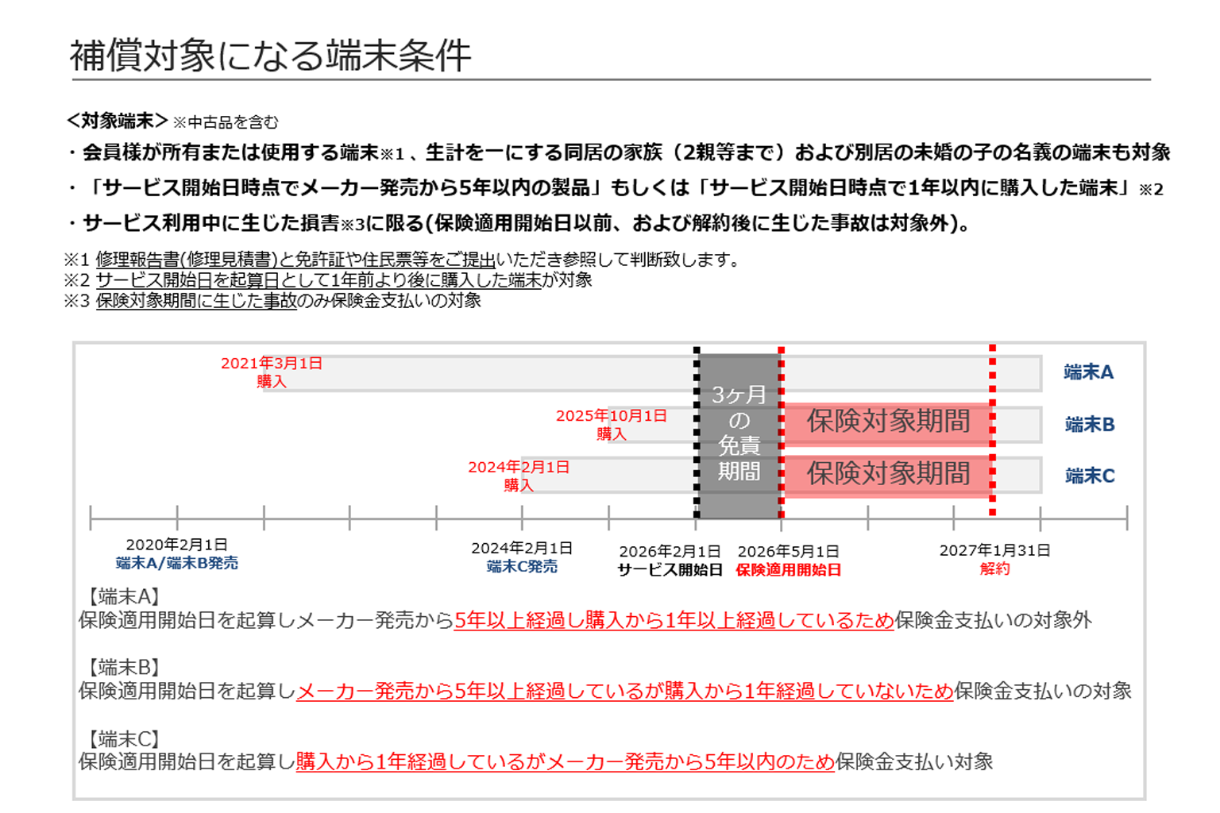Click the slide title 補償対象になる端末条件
pos(270,55)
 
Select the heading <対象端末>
pos(117,121)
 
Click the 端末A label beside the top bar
pos(1088,372)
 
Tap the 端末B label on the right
pos(1089,424)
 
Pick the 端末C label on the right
pos(1089,476)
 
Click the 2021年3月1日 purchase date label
pos(271,363)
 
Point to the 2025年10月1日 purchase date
pos(611,415)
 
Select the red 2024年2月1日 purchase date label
pos(519,467)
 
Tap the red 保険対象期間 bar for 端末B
pos(886,424)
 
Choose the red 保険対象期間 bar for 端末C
pos(886,476)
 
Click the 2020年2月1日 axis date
pos(176,545)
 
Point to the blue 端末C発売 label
pos(522,567)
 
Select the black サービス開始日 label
pos(670,570)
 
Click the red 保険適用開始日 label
pos(788,570)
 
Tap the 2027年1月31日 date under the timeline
pos(994,550)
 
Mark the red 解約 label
pos(994,569)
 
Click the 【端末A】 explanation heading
pos(124,597)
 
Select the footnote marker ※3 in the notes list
pos(76,301)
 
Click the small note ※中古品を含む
pos(226,122)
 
